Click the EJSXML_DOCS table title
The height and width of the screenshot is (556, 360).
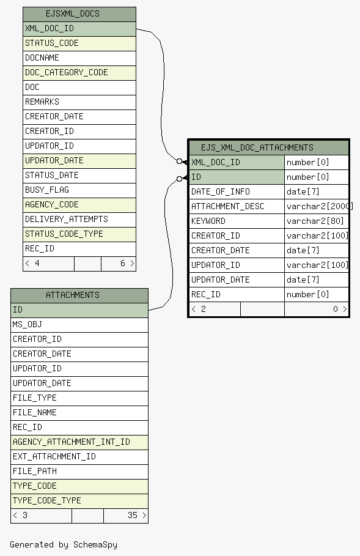coord(73,14)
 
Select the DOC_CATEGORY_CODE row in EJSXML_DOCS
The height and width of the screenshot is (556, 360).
coord(79,73)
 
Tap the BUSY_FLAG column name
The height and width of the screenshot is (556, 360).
coord(47,190)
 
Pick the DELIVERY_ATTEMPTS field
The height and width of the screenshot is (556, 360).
coord(67,220)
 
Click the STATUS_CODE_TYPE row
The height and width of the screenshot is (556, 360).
coord(79,234)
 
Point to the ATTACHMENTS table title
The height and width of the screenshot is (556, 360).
coord(73,295)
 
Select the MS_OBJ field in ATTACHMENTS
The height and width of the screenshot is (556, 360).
coord(28,324)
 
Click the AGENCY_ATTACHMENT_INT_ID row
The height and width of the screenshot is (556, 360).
coord(79,442)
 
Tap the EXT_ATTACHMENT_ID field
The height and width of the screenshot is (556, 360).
coord(54,457)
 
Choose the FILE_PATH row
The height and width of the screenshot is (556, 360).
coord(79,472)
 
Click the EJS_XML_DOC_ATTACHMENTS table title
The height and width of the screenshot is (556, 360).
coord(257,147)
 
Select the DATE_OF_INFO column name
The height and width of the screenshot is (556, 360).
coord(221,192)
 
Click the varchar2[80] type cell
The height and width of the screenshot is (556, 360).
coord(315,221)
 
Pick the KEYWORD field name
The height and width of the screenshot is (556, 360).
coord(208,221)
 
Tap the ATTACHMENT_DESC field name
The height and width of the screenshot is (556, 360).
coord(228,206)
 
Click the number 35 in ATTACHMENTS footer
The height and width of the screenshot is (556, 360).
coord(133,515)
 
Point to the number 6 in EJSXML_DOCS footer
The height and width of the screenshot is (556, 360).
coord(123,263)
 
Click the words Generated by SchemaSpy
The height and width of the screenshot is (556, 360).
coord(64,544)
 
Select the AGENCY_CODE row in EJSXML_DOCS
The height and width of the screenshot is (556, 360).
coord(79,205)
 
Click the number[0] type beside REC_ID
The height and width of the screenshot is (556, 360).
coord(308,295)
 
